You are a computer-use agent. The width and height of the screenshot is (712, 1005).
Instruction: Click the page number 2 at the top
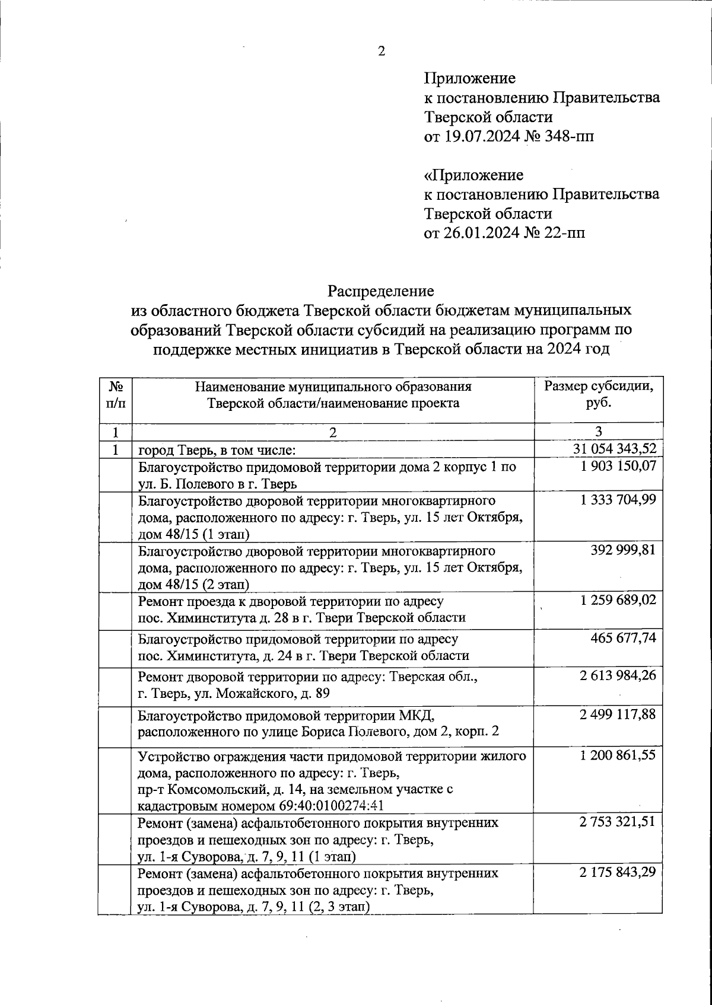click(x=382, y=52)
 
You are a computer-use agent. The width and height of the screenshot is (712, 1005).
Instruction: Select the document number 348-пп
click(x=571, y=137)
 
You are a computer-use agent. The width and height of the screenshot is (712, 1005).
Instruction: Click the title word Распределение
click(x=382, y=291)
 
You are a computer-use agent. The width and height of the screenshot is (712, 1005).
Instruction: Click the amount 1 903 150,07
click(x=618, y=467)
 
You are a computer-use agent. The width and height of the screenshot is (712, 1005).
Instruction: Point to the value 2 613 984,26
click(x=618, y=675)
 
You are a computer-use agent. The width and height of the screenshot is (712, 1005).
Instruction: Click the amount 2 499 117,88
click(x=618, y=714)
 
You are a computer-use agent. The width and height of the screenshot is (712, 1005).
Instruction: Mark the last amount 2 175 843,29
click(x=618, y=873)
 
